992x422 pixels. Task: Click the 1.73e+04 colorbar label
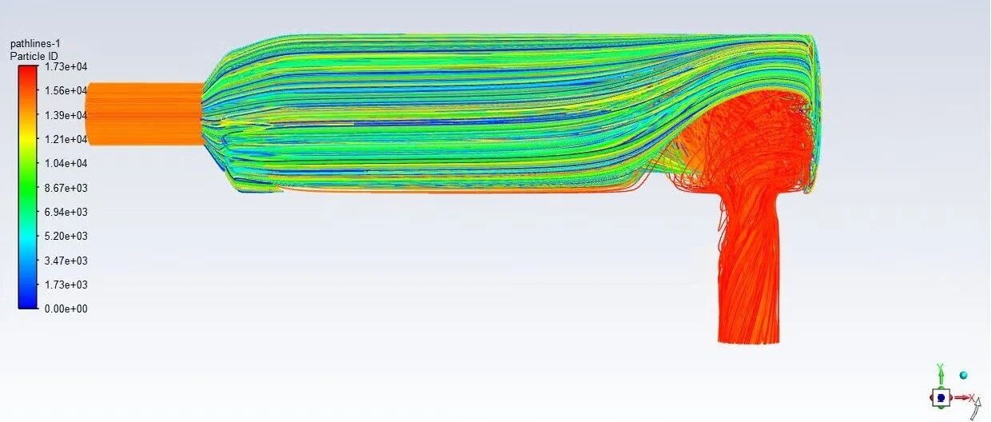(66, 67)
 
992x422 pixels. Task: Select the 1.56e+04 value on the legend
(66, 91)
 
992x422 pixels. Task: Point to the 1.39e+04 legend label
(66, 115)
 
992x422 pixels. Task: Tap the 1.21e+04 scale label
(66, 140)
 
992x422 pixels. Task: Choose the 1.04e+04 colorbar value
(66, 163)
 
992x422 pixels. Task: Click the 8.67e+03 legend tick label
(66, 188)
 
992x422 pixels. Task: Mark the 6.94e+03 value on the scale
(66, 212)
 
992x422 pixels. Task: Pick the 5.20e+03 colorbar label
(66, 236)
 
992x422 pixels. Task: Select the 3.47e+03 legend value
(66, 261)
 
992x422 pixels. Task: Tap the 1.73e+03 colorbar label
(66, 285)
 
